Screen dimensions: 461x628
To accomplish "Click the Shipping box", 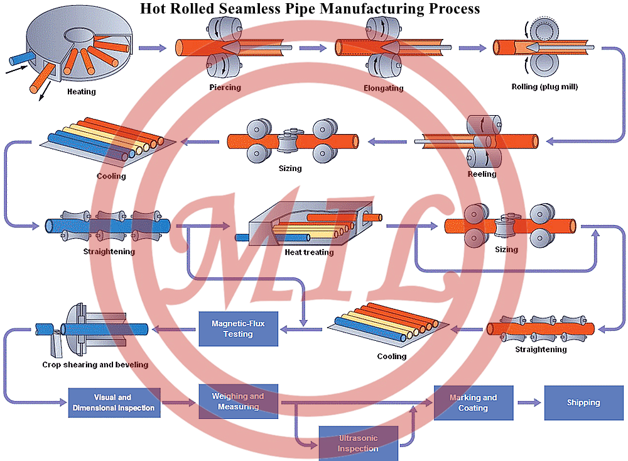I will (x=583, y=403).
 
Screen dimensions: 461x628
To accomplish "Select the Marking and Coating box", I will (x=473, y=403).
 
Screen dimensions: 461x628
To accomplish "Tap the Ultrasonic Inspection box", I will (x=358, y=443).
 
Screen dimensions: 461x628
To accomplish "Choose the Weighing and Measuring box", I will (x=238, y=401).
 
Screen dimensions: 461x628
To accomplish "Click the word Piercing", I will (x=225, y=87).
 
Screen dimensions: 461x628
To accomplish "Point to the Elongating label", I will (x=383, y=88).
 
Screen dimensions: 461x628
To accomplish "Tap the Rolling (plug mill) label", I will (x=544, y=87).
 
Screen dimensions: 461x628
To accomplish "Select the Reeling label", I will (x=482, y=174).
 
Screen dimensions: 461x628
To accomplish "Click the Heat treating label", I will (x=309, y=252).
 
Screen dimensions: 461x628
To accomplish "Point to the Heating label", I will (x=82, y=92).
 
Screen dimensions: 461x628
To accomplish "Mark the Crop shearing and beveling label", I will (x=95, y=364).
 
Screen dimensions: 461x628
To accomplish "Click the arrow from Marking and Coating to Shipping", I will (x=529, y=403).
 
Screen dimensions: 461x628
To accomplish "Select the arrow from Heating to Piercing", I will (x=152, y=48).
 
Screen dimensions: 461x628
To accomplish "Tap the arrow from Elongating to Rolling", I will (x=472, y=48).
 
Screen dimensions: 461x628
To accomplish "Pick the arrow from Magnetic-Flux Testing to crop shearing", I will (x=174, y=328).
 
